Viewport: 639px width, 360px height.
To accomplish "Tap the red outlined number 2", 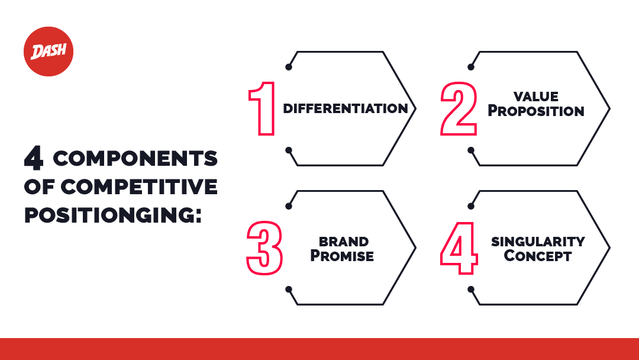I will pos(458,108).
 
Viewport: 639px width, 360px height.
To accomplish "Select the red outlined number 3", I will pos(264,247).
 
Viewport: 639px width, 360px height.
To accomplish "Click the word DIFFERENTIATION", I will pos(345,109).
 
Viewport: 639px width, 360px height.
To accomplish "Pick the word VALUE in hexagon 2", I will pos(536,97).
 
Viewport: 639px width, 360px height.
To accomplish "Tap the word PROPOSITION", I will pos(536,111).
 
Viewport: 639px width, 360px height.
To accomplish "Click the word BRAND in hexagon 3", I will pos(343,242).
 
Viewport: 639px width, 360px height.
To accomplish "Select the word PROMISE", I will pos(343,256).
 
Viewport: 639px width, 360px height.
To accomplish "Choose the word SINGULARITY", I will pos(538,242).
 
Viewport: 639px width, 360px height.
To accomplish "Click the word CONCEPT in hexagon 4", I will pos(538,256).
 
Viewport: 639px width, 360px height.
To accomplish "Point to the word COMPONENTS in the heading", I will pos(135,159).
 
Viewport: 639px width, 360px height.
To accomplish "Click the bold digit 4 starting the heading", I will pos(34,159).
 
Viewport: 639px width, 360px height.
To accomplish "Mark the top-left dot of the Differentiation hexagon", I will pos(289,67).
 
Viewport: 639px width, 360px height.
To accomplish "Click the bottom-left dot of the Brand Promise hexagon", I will pos(289,290).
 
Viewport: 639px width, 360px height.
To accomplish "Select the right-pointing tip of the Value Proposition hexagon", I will pos(609,109).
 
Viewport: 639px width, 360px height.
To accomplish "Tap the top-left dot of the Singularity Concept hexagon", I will pos(472,206).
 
